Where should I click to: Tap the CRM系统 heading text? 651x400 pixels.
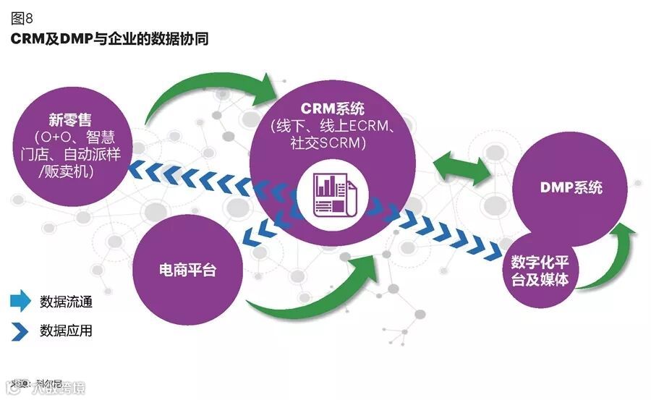click(x=333, y=108)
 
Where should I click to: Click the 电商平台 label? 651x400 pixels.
click(x=187, y=271)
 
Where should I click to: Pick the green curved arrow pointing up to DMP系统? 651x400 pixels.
click(x=615, y=253)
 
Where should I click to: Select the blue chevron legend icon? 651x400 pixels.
click(x=20, y=331)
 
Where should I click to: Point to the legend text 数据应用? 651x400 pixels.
click(x=66, y=331)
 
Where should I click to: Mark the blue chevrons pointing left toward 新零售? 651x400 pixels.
click(x=195, y=178)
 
